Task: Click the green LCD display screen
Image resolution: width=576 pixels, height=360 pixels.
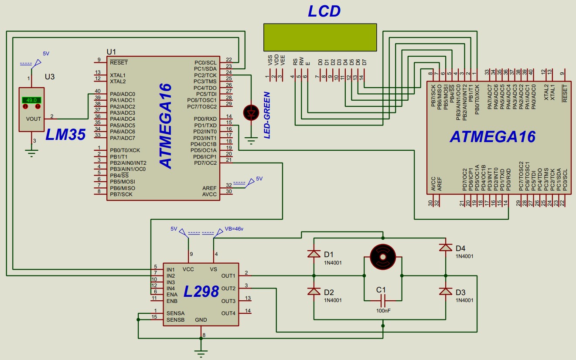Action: click(320, 37)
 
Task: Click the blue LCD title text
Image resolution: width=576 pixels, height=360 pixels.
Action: click(324, 11)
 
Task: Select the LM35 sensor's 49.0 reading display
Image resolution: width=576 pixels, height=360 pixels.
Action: click(31, 100)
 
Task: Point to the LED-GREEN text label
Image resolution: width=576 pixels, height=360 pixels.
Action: click(267, 115)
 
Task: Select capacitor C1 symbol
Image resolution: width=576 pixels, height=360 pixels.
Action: click(382, 300)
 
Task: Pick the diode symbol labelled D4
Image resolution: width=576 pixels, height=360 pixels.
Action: click(445, 248)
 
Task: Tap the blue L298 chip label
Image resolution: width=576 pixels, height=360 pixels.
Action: click(201, 292)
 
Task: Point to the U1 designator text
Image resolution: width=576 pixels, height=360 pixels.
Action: click(111, 51)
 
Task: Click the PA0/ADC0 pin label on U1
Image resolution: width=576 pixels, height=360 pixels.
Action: click(123, 94)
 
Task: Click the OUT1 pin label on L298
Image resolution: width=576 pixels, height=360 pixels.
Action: click(228, 275)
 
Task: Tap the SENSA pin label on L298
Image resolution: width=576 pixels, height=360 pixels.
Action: click(175, 313)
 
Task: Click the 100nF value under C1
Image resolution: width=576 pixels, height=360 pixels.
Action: click(382, 311)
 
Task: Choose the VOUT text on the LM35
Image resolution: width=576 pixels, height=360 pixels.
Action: click(34, 119)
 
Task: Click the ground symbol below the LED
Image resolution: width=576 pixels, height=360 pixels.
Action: click(251, 140)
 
